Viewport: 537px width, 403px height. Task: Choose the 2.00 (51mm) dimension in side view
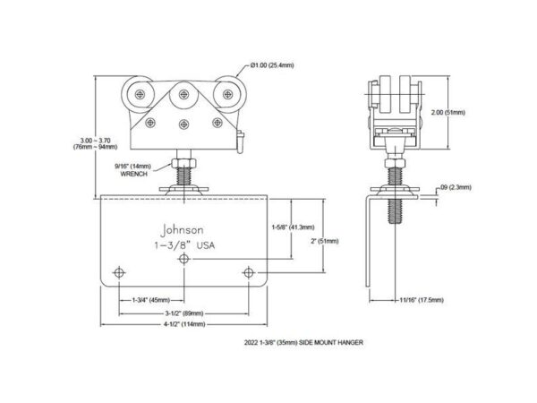pos(468,113)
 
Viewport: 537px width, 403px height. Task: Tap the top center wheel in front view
pos(184,90)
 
